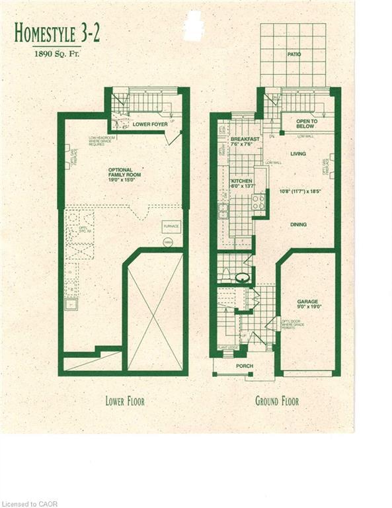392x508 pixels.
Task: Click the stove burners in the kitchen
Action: [258, 202]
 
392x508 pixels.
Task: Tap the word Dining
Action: [298, 224]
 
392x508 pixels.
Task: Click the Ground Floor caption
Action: [276, 401]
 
